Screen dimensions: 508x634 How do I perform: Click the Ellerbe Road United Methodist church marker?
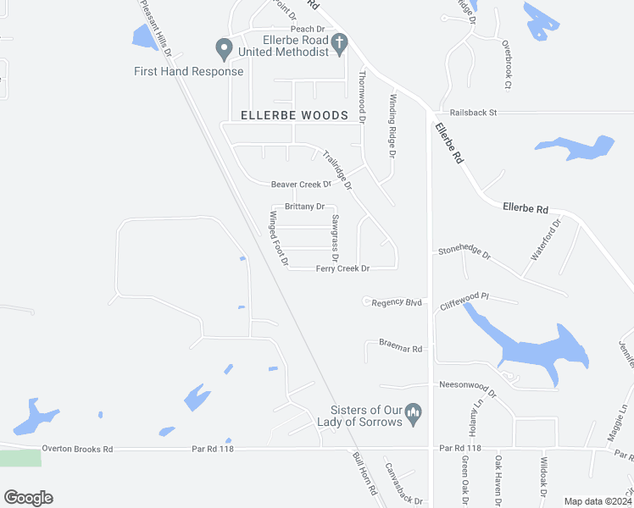(x=338, y=43)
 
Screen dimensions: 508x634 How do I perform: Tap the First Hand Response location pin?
(x=225, y=48)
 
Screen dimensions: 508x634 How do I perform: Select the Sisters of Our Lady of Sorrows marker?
(x=414, y=413)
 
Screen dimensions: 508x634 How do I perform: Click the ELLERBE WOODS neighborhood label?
(x=294, y=115)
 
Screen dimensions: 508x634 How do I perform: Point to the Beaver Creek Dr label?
(x=301, y=185)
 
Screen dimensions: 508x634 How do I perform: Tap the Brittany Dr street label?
(x=304, y=207)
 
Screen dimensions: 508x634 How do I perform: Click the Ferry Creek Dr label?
(x=342, y=268)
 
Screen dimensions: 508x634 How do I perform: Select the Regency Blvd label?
(x=397, y=302)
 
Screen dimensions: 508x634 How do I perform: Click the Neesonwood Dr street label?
(x=467, y=384)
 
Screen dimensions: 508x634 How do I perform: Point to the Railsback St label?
(x=473, y=112)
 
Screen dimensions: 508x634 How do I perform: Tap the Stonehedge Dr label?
(x=464, y=251)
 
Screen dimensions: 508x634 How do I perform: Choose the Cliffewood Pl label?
(x=464, y=300)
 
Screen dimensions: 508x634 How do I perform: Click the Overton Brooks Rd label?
(x=78, y=449)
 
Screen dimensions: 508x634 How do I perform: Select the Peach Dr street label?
(x=308, y=30)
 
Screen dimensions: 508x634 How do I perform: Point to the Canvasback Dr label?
(x=403, y=483)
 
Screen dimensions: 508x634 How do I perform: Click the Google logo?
(x=28, y=498)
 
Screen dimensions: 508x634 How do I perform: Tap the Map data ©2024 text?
(x=597, y=501)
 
